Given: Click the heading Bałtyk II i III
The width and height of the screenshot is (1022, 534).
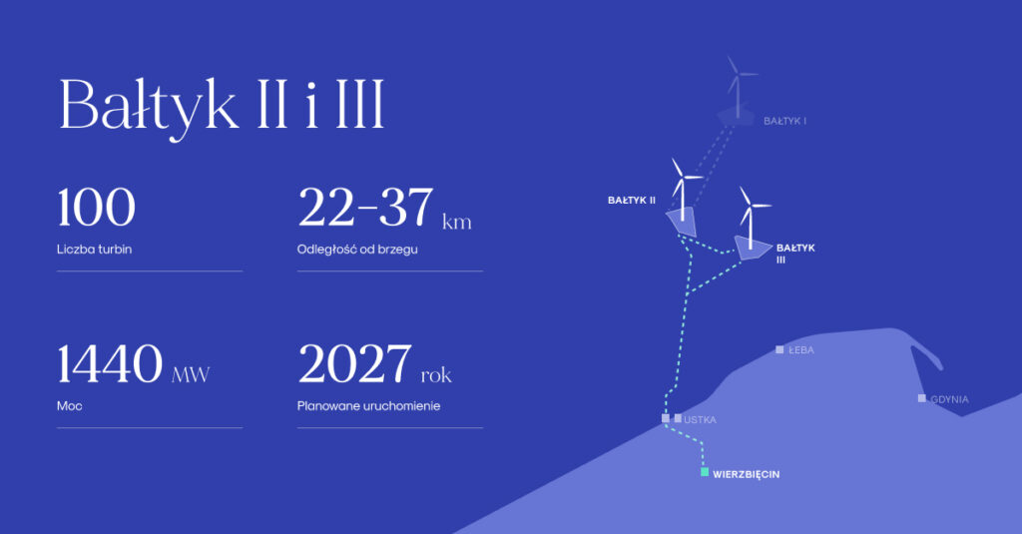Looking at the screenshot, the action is coord(222,106).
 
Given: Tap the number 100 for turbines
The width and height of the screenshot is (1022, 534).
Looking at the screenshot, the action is coord(97,208).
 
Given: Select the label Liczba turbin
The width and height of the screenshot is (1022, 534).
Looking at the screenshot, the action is coord(95,250).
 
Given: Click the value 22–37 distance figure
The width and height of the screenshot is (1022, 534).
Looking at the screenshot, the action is coord(365,208).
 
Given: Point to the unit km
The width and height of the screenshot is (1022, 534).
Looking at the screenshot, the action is coord(457,222).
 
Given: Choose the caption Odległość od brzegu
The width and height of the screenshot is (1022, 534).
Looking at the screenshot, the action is coord(357,250).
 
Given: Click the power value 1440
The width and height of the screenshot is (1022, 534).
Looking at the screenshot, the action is coord(110,364).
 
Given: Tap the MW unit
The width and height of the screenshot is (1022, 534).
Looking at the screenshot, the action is coord(191,375).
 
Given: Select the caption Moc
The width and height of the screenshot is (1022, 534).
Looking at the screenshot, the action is coord(70,405).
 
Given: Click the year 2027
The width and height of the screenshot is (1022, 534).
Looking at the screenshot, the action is coord(354,364).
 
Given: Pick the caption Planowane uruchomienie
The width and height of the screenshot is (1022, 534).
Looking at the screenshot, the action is coord(369,405).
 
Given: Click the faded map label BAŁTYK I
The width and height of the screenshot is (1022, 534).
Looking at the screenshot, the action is coord(784,121).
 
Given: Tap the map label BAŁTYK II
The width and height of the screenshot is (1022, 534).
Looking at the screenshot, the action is coord(632,201).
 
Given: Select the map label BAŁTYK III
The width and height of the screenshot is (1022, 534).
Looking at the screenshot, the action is coord(795,253).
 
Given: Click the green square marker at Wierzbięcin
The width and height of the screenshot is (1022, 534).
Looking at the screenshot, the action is coord(705,472).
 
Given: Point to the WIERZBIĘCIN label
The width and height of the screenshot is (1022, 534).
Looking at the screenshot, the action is coord(746,474).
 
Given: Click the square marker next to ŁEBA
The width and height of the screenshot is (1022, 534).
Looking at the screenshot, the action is coord(779,349).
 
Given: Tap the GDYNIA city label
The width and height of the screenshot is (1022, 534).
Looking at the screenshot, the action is coord(950,399).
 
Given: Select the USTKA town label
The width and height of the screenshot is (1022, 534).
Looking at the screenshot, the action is coord(700,419).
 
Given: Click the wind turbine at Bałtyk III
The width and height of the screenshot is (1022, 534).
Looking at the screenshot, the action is coord(751,219).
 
